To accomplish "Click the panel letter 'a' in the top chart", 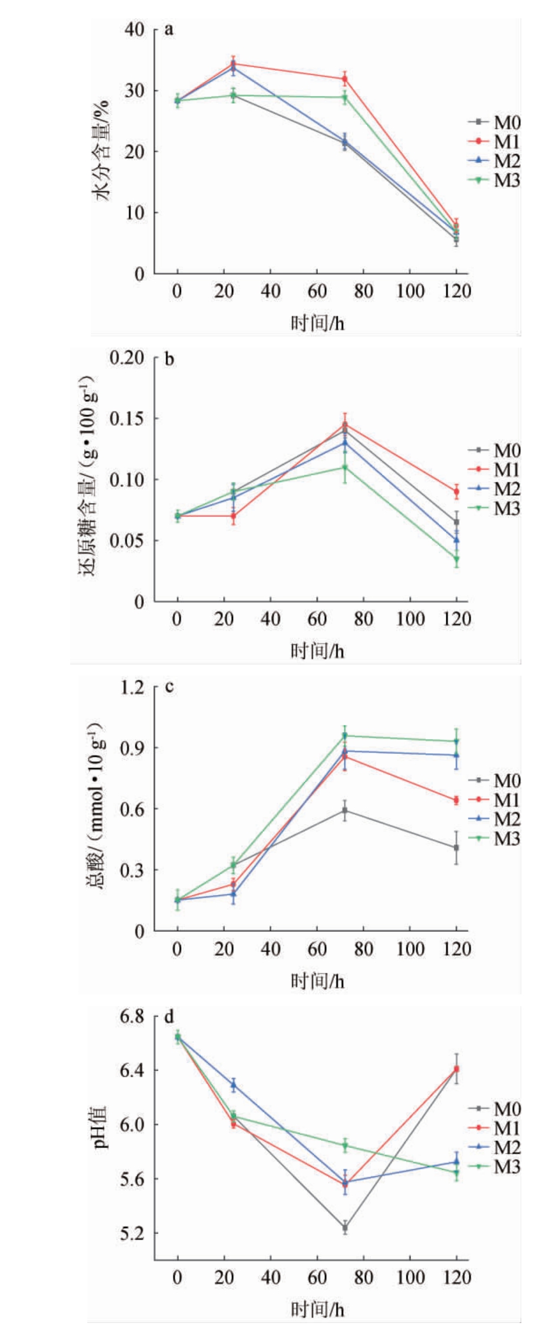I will tap(169, 30).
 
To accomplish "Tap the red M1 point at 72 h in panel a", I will tap(345, 78).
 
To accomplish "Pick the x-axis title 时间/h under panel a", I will tap(317, 323).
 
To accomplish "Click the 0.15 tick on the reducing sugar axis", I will tap(128, 418).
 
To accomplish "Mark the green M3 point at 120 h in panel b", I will tap(456, 559).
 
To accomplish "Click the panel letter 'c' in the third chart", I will tap(169, 687).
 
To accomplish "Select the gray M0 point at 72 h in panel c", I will tap(345, 810).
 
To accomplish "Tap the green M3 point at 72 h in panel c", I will tap(345, 735).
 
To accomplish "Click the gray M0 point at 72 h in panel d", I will tap(345, 1227).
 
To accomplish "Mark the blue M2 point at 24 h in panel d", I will tap(234, 1084).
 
